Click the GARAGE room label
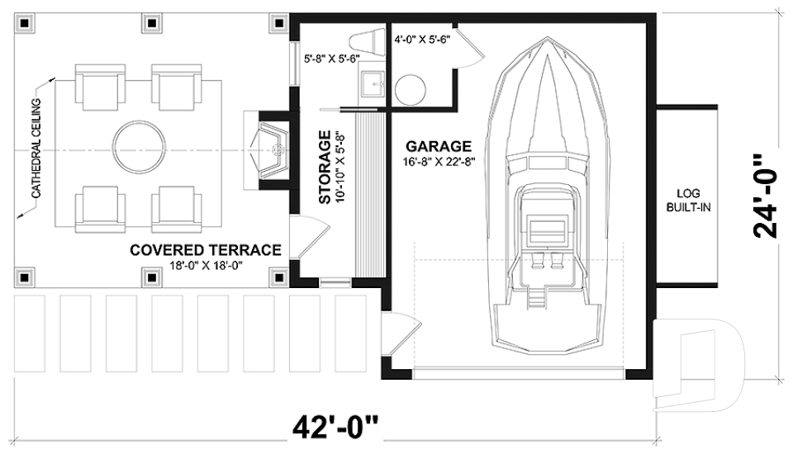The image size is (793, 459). (x=437, y=146)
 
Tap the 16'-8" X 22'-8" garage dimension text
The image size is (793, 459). (x=437, y=161)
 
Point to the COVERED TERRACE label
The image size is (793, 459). (x=206, y=250)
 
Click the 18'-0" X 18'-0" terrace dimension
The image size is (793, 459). (x=206, y=265)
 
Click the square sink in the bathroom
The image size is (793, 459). (x=373, y=84)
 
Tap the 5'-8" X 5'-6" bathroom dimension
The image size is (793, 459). (x=330, y=59)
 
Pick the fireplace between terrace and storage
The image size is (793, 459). (x=268, y=149)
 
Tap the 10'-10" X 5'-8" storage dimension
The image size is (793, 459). (x=340, y=167)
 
